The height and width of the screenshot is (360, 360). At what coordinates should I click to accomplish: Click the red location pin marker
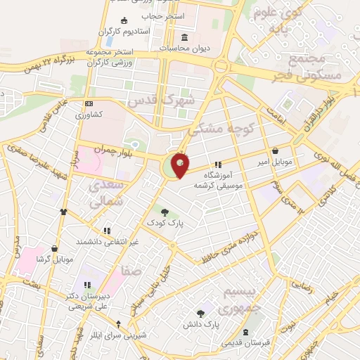click(x=181, y=165)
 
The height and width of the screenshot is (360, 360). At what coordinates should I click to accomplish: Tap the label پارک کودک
click(x=165, y=222)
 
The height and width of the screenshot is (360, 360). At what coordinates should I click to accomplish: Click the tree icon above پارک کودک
click(x=165, y=212)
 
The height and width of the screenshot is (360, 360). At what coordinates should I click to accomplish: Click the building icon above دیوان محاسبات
click(x=185, y=37)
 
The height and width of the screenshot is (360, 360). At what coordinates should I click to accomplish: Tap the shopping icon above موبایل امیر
click(x=274, y=150)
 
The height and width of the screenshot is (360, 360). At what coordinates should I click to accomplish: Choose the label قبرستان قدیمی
click(x=245, y=343)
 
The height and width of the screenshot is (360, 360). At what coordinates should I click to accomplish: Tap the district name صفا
click(x=131, y=269)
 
